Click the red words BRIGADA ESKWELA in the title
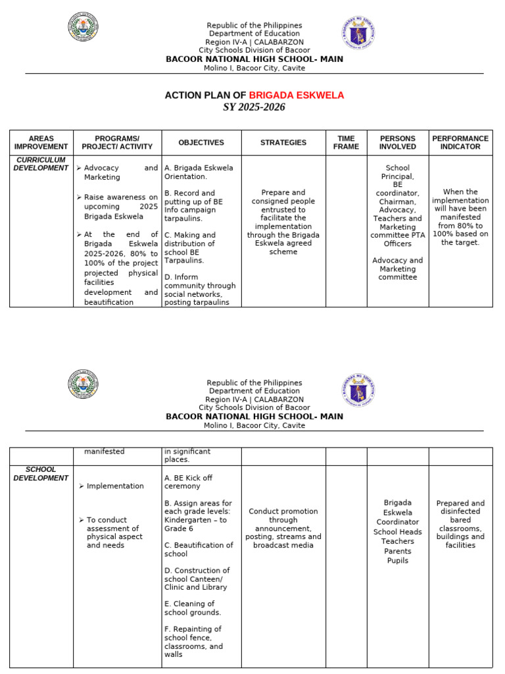point(296,95)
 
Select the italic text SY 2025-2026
point(254,107)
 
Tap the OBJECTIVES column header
point(201,143)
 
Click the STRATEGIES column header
point(283,143)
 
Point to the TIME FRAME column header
point(346,143)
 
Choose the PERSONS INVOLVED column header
point(397,143)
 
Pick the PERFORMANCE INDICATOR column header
point(460,143)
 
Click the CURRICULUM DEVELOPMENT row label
point(41,164)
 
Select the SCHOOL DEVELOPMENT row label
point(41,474)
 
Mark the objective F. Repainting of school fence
point(194,637)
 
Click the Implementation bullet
point(115,486)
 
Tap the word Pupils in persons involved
point(397,561)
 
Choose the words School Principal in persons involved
point(397,172)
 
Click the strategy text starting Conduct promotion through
point(283,528)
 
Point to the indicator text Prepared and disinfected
point(460,507)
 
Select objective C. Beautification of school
point(198,550)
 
